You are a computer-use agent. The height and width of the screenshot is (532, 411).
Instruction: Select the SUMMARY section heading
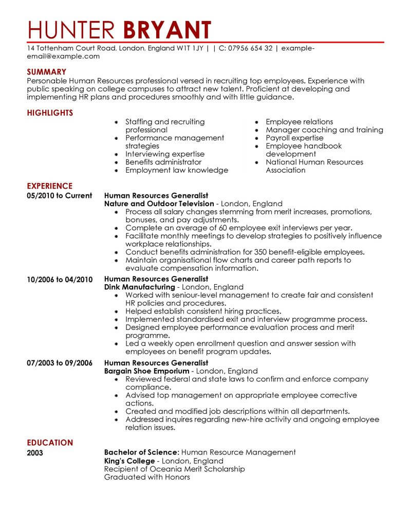tap(47, 72)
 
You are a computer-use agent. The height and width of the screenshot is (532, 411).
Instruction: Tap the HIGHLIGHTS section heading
tap(50, 113)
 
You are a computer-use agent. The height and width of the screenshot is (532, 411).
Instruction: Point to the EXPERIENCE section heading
tap(50, 186)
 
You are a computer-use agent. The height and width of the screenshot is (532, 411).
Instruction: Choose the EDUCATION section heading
tap(50, 443)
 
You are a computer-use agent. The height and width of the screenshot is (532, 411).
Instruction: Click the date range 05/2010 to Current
tap(59, 195)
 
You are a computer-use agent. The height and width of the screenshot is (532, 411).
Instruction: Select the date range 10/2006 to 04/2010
tap(60, 279)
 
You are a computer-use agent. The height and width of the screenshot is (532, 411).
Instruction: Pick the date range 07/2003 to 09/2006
tap(60, 363)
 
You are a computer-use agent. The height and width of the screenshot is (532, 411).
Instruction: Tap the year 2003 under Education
tap(35, 453)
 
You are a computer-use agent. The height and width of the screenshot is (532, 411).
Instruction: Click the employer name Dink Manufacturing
tap(139, 287)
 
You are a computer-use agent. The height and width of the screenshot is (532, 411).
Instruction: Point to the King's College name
tap(128, 461)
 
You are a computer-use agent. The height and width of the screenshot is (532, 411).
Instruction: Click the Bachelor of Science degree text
tap(140, 452)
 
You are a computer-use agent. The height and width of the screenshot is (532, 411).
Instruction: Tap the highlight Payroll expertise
tap(294, 138)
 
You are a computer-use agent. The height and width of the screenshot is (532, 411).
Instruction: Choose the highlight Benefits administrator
tap(163, 162)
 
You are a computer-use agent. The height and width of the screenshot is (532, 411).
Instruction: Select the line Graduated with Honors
tap(147, 477)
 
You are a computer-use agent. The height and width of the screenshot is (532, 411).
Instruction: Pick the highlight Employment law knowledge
tap(177, 170)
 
